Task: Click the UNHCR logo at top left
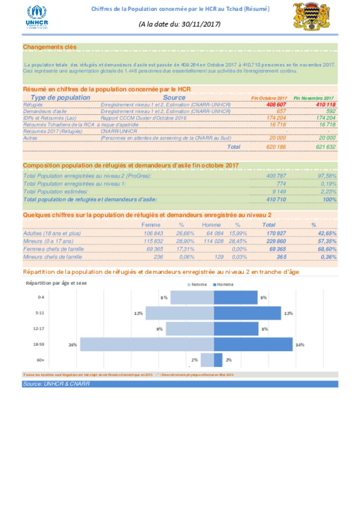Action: click(x=37, y=17)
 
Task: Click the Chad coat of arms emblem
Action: click(x=311, y=16)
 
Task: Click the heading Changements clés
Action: click(x=50, y=47)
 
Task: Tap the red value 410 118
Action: click(x=326, y=104)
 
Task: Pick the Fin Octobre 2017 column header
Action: click(x=269, y=98)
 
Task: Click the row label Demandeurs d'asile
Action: click(x=45, y=111)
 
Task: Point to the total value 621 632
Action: click(x=326, y=147)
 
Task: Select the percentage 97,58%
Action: click(x=327, y=176)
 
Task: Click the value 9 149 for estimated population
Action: click(x=279, y=191)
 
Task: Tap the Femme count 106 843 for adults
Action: click(x=153, y=233)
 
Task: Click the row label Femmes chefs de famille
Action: click(x=53, y=249)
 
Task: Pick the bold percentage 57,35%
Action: click(x=327, y=241)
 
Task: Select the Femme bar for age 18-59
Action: click(x=147, y=344)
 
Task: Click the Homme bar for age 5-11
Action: click(x=247, y=313)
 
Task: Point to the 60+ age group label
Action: click(x=40, y=360)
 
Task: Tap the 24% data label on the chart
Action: click(x=72, y=345)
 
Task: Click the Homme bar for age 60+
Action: click(x=218, y=360)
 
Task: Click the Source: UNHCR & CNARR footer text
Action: click(x=56, y=384)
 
